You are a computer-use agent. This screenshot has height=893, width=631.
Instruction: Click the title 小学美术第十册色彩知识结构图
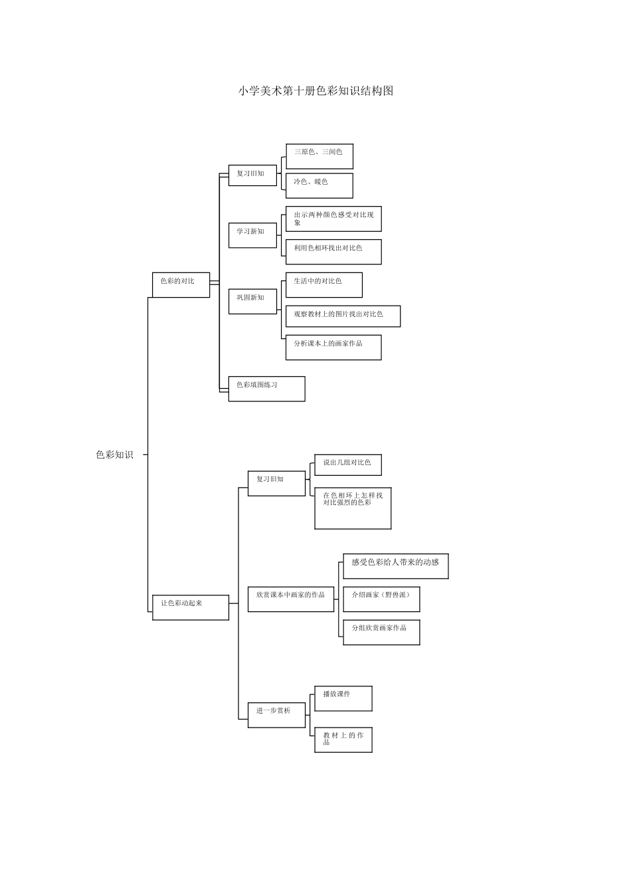tap(315, 91)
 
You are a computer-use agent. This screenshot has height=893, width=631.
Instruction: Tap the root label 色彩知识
tap(114, 454)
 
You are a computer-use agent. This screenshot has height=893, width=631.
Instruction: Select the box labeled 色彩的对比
tap(181, 284)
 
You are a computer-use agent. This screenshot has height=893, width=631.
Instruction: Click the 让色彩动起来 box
tap(191, 607)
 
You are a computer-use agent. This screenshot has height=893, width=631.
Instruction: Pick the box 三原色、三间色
tap(319, 156)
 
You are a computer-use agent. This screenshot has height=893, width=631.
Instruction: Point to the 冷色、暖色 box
tap(319, 185)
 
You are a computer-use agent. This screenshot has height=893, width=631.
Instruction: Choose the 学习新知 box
tap(252, 235)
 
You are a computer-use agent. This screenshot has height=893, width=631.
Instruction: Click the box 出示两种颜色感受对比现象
tap(333, 219)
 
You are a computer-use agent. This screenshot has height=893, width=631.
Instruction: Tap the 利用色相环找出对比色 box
tap(333, 252)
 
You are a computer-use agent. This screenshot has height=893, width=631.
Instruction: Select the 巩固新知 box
tap(252, 302)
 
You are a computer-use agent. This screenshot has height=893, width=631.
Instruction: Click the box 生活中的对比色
tap(324, 284)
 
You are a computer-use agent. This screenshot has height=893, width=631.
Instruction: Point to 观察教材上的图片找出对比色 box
tap(343, 316)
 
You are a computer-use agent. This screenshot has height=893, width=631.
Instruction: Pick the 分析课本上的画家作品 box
tap(333, 347)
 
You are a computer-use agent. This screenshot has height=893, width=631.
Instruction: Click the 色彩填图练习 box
tap(266, 389)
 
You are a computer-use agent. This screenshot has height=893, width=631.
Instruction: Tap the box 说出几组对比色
tap(348, 465)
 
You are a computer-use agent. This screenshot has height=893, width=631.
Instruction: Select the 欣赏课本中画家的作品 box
tap(291, 599)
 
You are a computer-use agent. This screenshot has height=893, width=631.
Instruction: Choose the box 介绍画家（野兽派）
tap(381, 599)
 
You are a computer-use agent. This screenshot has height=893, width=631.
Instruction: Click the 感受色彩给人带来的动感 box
tap(396, 565)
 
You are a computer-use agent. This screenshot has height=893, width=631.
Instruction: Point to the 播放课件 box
tap(343, 698)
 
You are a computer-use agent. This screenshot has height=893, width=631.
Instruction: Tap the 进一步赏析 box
tap(276, 715)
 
